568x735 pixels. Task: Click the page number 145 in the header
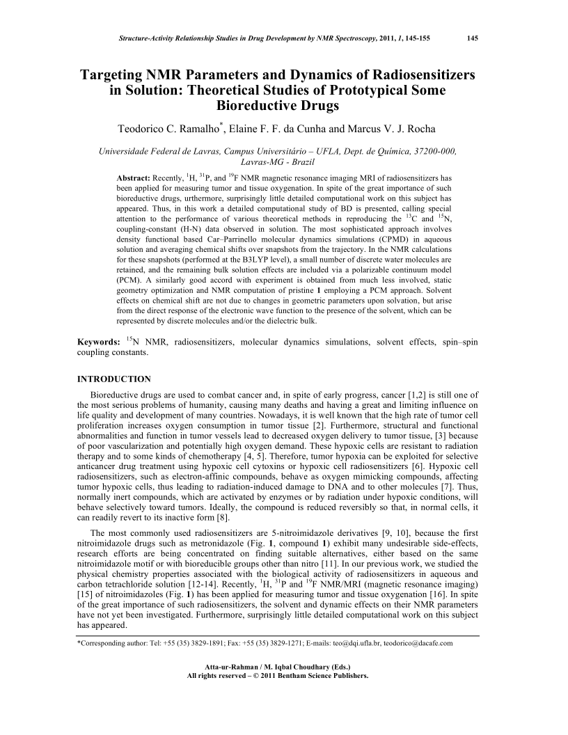[x=472, y=37]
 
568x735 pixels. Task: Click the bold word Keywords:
[x=98, y=342]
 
